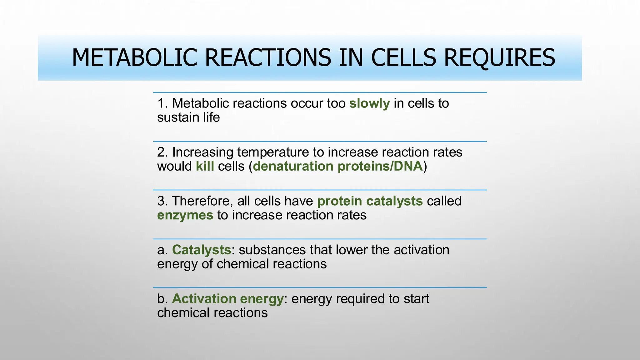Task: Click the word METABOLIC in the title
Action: (134, 58)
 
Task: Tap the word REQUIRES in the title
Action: (499, 58)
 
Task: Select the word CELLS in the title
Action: (403, 58)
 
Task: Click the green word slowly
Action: (369, 103)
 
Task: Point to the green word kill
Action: (205, 166)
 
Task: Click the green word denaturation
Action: (293, 166)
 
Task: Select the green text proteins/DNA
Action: (380, 166)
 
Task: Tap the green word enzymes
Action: (185, 215)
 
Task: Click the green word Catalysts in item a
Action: (202, 250)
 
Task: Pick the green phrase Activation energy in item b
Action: (228, 299)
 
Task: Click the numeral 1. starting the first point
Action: (162, 103)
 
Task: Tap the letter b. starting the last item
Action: (162, 299)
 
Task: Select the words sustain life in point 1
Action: (188, 117)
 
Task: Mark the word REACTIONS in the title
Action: (268, 58)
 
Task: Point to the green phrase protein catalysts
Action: (370, 201)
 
